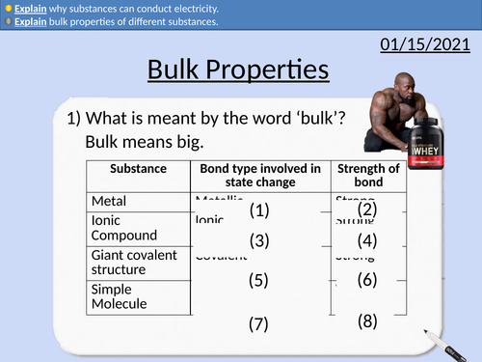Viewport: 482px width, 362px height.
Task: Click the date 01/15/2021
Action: pos(425,43)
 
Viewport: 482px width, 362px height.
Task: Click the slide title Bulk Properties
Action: pos(238,70)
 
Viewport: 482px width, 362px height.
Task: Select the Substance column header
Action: pos(138,169)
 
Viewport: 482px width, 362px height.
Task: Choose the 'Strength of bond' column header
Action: pos(367,176)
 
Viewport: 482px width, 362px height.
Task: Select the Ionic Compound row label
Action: pos(123,228)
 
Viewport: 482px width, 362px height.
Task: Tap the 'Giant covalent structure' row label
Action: pos(133,263)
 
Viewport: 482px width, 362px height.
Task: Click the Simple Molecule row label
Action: pos(120,296)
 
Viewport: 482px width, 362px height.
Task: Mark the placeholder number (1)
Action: pos(258,210)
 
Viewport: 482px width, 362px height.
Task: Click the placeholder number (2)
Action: pos(366,209)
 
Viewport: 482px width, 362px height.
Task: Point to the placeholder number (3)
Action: pos(258,240)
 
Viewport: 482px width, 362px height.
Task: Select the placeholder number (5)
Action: pos(257,281)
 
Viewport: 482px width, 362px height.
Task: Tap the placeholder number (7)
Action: pos(257,324)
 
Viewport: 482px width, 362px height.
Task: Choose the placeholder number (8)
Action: pos(366,320)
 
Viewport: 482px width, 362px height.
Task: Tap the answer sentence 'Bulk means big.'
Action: pos(144,142)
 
